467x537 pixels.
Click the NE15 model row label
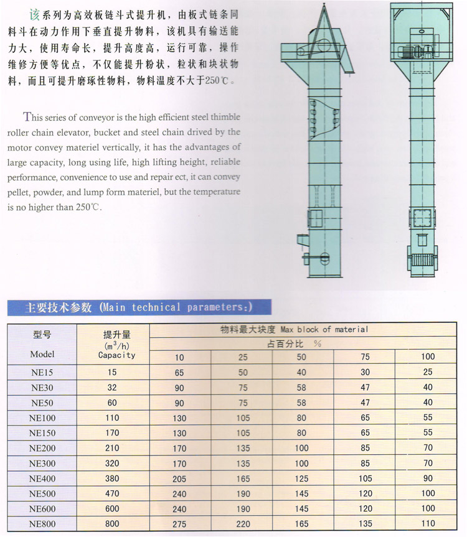(42, 372)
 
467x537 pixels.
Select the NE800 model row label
(42, 524)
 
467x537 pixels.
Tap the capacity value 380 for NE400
(112, 479)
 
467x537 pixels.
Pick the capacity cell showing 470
(112, 494)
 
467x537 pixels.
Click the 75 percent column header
(365, 357)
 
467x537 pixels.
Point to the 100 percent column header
(428, 357)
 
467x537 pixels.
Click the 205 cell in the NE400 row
(180, 479)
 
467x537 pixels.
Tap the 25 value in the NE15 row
(428, 372)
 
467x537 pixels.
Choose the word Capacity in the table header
(116, 355)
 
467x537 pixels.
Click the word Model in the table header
(42, 354)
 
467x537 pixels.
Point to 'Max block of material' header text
(324, 329)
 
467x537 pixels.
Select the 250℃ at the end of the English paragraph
(87, 207)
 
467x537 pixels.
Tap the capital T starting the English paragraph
(27, 116)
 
